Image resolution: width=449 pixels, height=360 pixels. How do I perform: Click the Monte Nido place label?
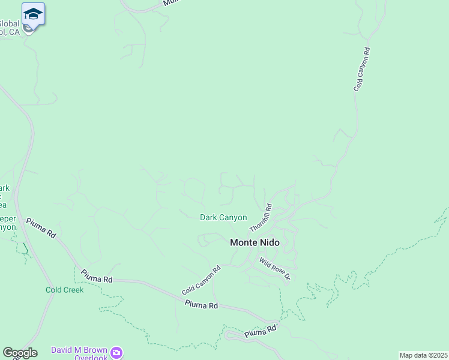tap(255, 242)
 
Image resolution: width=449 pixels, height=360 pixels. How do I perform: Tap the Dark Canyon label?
tap(223, 217)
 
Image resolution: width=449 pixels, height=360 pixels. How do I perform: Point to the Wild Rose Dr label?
tap(275, 269)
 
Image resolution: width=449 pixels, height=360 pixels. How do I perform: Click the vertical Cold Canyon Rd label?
tap(361, 68)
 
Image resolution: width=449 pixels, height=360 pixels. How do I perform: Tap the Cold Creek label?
tap(65, 290)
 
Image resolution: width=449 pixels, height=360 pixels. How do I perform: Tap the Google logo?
tap(20, 353)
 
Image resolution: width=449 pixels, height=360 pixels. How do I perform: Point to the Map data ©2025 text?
tap(423, 355)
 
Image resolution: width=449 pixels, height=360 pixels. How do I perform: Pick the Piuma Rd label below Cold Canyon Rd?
tap(201, 305)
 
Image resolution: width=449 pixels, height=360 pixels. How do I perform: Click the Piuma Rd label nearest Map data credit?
tap(261, 331)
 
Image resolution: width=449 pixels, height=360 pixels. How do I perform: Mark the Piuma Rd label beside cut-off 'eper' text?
tap(41, 228)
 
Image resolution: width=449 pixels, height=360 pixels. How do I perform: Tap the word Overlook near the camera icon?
tap(91, 358)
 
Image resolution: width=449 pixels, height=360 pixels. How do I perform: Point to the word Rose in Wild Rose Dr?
tap(275, 269)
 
